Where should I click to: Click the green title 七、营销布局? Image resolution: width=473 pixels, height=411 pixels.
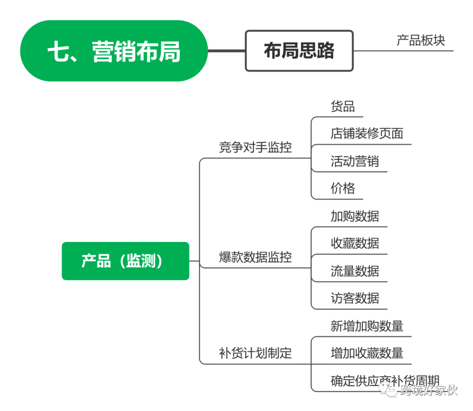(114, 51)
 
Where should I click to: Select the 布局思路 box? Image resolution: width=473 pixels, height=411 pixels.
(299, 51)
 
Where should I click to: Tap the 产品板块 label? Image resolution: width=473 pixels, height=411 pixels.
(421, 40)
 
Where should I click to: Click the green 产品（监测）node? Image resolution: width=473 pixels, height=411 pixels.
(125, 261)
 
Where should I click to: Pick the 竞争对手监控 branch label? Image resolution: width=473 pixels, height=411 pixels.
(255, 147)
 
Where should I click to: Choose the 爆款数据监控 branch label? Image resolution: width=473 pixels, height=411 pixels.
(255, 256)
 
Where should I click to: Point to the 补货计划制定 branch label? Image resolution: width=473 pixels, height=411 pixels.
(255, 353)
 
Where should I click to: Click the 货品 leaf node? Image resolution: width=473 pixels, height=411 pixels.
(342, 106)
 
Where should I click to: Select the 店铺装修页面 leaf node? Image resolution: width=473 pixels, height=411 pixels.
(367, 133)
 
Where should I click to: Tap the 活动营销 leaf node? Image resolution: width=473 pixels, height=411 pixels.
(355, 161)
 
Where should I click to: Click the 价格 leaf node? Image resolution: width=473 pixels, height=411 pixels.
(342, 188)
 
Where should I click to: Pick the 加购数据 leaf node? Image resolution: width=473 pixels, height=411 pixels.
(355, 216)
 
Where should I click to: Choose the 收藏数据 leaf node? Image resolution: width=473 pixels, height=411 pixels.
(355, 243)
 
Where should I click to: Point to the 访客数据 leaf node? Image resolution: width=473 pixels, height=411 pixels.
(355, 298)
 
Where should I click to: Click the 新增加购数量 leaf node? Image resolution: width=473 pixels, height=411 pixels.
(367, 326)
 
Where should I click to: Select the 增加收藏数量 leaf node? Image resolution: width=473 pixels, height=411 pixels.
(367, 353)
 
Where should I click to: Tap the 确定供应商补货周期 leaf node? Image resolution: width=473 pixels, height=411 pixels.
(379, 380)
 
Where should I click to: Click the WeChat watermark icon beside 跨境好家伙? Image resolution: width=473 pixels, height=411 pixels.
(388, 389)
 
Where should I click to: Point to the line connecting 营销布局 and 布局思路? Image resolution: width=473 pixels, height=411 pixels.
(226, 51)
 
